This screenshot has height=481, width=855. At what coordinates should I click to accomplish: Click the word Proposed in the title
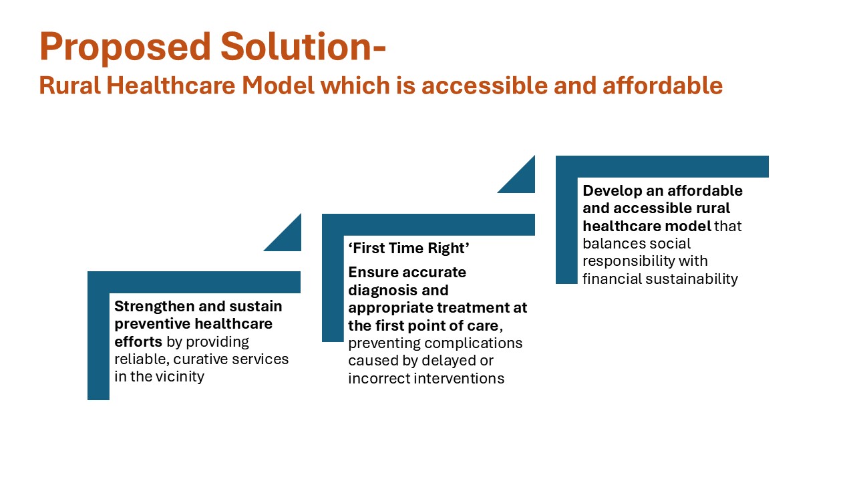125,47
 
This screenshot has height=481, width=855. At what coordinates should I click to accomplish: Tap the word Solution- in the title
303,46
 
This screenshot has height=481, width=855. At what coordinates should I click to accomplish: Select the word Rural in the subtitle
70,85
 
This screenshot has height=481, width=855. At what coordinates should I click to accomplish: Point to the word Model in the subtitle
279,85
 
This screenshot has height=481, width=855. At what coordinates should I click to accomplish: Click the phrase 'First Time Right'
408,248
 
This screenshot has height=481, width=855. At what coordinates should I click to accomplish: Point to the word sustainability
691,279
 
